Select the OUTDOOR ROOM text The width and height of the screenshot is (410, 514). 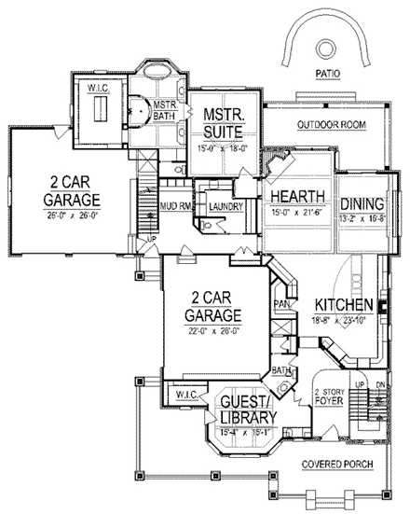point(331,124)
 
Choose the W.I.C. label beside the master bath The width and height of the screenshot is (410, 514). point(100,89)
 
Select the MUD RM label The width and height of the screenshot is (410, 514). point(174,206)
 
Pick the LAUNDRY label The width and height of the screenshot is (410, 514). point(226,206)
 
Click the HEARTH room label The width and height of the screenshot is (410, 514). point(298,197)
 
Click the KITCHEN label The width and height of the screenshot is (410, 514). point(344,306)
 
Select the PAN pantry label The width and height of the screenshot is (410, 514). point(279,303)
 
